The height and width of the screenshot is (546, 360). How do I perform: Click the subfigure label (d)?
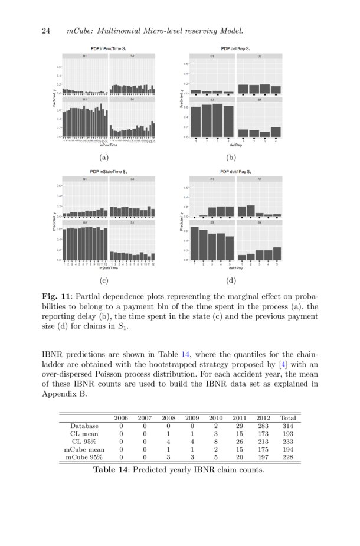click(231, 281)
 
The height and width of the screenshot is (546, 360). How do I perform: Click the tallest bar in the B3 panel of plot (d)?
click(195, 243)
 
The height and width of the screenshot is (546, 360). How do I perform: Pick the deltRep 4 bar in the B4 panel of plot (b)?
click(276, 132)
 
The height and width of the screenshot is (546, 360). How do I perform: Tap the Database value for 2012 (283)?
click(263, 425)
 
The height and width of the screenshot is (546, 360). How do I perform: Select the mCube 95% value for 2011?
click(240, 457)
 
